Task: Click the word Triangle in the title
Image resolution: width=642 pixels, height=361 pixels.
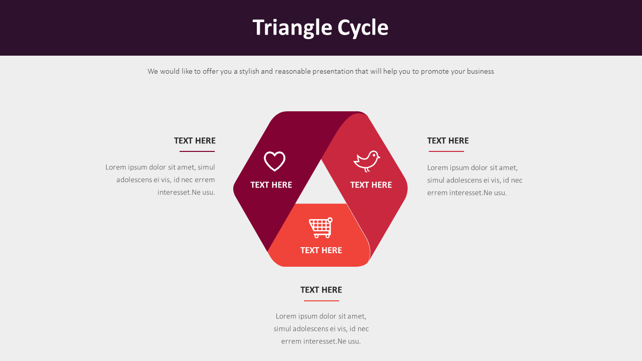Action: point(292,28)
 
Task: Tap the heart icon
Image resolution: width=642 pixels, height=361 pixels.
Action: point(274,161)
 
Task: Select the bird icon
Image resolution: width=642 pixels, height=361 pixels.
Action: point(367,161)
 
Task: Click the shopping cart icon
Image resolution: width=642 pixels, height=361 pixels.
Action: point(320,228)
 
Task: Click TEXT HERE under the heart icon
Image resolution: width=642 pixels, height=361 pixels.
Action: point(271,185)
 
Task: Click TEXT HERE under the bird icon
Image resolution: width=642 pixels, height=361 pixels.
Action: point(371,185)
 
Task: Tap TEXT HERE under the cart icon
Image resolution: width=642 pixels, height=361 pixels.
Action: point(321,250)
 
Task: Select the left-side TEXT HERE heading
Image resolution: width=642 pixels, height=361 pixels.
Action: point(195,141)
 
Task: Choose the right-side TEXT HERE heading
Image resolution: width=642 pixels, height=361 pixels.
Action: point(448,141)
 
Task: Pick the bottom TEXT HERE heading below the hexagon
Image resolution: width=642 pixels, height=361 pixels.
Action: point(321,290)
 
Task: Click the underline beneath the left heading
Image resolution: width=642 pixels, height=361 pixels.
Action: point(197,151)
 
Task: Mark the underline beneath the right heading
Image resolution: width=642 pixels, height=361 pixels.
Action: point(446,151)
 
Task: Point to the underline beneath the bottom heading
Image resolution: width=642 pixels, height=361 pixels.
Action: point(322,301)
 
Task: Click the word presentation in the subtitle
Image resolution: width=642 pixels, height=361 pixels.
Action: point(333,72)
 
